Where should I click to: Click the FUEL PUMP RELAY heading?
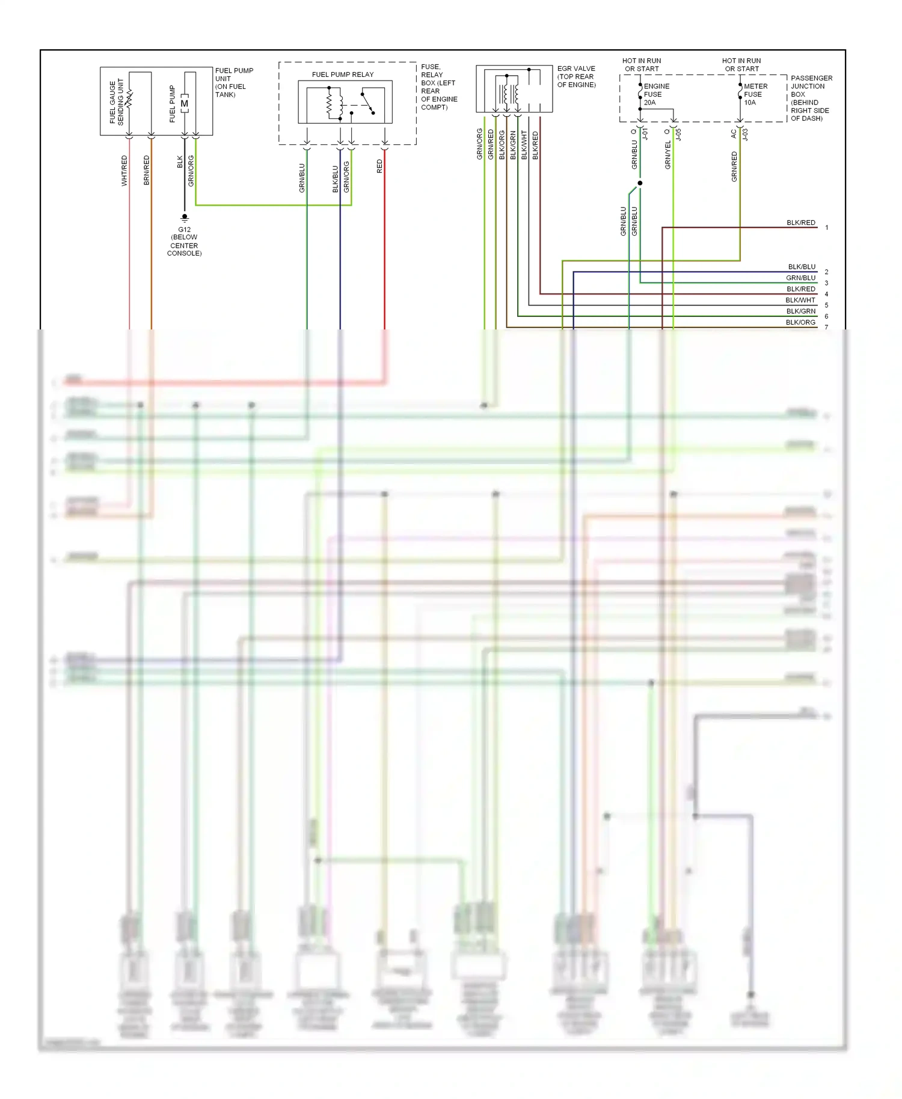click(x=342, y=75)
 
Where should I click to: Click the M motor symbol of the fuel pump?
click(x=185, y=103)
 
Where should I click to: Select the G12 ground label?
click(x=184, y=229)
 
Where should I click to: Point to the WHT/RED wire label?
click(x=124, y=170)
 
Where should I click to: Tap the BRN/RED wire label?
click(x=146, y=170)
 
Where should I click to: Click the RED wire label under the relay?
click(x=379, y=167)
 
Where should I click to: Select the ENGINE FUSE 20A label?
click(x=655, y=94)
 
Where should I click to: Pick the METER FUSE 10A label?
click(x=755, y=94)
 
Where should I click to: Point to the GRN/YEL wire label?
click(x=667, y=155)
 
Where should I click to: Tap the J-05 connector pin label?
click(x=679, y=134)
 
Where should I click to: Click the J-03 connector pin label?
click(x=745, y=134)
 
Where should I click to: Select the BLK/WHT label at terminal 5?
click(x=800, y=300)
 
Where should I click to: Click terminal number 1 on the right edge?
click(x=827, y=228)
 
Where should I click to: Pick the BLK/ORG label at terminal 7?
click(x=800, y=322)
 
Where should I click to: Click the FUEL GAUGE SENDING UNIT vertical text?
click(x=117, y=102)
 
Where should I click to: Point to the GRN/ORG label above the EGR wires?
click(x=479, y=144)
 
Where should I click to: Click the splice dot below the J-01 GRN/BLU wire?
click(x=640, y=183)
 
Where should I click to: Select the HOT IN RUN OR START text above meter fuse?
click(x=741, y=64)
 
